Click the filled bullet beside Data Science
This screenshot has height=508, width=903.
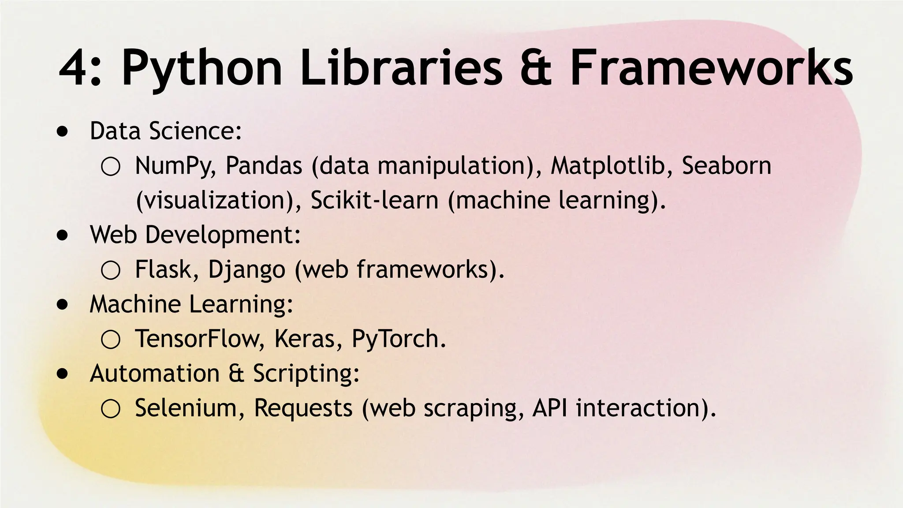coord(63,131)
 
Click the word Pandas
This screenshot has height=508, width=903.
coord(264,166)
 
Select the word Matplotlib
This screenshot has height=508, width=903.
coord(607,166)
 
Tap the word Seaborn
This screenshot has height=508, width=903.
coord(726,166)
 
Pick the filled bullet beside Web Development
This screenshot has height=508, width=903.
coord(63,235)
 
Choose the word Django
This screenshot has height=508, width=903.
coord(246,270)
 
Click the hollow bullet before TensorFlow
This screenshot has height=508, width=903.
coord(110,340)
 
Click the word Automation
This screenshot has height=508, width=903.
coord(154,374)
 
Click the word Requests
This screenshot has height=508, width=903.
coord(303,409)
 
